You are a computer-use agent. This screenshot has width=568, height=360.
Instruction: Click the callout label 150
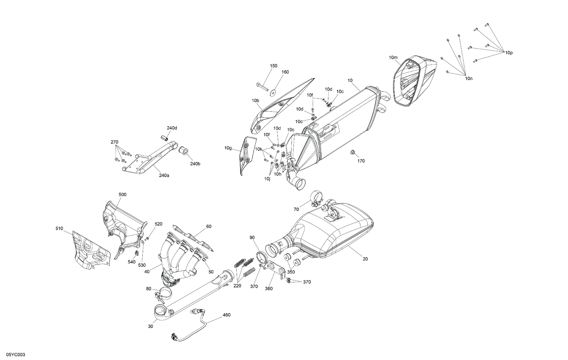(x=273, y=66)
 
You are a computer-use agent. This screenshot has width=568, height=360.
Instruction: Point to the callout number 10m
(x=393, y=58)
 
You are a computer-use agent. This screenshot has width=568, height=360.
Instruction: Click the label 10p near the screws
(x=509, y=53)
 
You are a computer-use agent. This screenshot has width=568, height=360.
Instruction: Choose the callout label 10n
(x=469, y=78)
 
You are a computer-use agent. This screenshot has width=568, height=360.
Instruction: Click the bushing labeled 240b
(x=184, y=150)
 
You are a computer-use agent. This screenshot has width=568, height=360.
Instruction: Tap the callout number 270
(x=114, y=142)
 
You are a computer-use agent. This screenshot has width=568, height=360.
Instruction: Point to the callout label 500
(x=123, y=194)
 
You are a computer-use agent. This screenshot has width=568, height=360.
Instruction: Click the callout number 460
(x=226, y=315)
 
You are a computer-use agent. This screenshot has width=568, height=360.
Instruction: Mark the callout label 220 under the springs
(x=237, y=286)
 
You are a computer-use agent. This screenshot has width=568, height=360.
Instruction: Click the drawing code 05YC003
(x=13, y=354)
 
